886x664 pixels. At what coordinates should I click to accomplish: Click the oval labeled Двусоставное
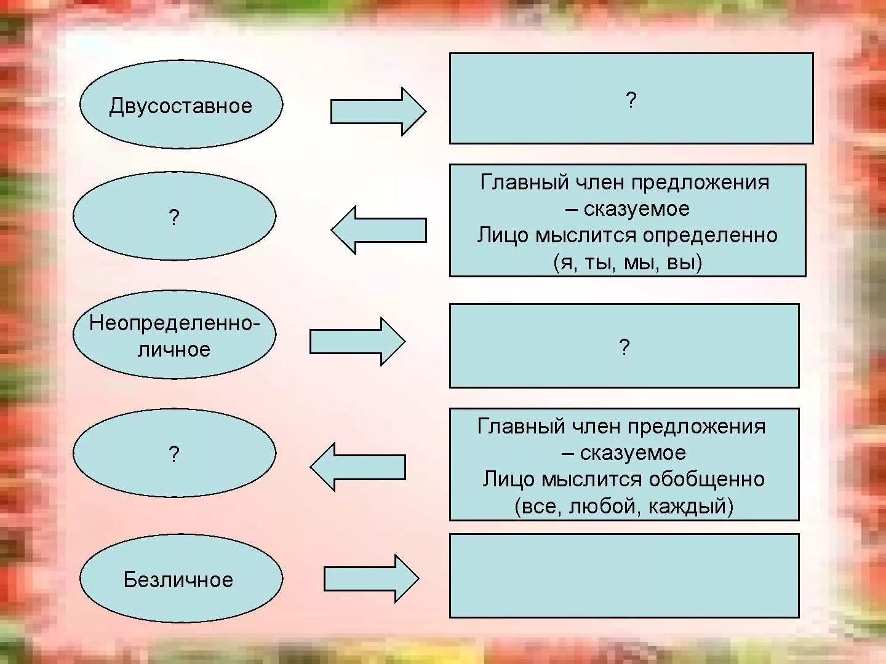[181, 105]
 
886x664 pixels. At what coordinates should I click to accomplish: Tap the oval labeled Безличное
[181, 579]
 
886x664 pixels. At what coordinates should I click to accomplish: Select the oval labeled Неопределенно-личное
[174, 335]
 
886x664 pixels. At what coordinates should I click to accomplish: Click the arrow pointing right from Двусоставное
[378, 111]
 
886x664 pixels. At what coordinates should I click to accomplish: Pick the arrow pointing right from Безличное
[371, 579]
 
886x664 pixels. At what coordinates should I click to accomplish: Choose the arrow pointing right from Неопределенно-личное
[357, 341]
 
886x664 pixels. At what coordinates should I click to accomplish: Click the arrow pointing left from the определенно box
[378, 230]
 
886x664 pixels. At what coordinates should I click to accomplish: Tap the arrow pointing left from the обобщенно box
[357, 467]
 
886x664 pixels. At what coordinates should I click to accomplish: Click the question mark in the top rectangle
[631, 100]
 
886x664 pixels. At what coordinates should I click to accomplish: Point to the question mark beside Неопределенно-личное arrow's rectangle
[624, 347]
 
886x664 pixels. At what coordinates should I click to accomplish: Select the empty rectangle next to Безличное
[624, 575]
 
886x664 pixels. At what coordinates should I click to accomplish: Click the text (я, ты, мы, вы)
[628, 263]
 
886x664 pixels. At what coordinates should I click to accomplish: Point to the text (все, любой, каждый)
[624, 506]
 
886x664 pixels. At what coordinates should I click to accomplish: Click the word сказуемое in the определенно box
[636, 209]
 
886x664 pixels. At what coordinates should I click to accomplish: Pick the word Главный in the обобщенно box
[521, 426]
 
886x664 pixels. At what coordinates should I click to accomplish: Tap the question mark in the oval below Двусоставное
[174, 217]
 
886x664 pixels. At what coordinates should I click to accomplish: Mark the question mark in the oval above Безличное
[174, 454]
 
